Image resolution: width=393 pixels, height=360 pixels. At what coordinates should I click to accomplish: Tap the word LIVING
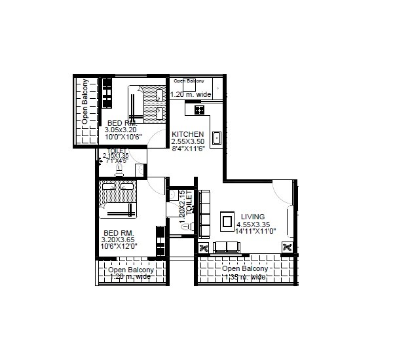pos(252,217)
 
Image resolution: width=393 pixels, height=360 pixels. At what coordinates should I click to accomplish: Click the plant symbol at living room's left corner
pos(203,247)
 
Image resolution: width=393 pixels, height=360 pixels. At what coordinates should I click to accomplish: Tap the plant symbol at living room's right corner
pos(287,247)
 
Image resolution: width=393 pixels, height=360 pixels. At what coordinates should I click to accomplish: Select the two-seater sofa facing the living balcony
pos(227,247)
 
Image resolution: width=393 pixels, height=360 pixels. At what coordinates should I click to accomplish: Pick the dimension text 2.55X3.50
pos(188,141)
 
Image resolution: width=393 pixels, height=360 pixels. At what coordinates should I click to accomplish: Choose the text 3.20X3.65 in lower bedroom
pos(118,240)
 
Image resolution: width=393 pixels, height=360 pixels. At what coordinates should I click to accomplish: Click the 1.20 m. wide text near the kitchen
pos(191,94)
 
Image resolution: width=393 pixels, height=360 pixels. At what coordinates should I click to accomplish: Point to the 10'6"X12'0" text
pos(119,246)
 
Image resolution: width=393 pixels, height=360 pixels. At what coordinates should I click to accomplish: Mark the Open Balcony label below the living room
pos(245,269)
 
